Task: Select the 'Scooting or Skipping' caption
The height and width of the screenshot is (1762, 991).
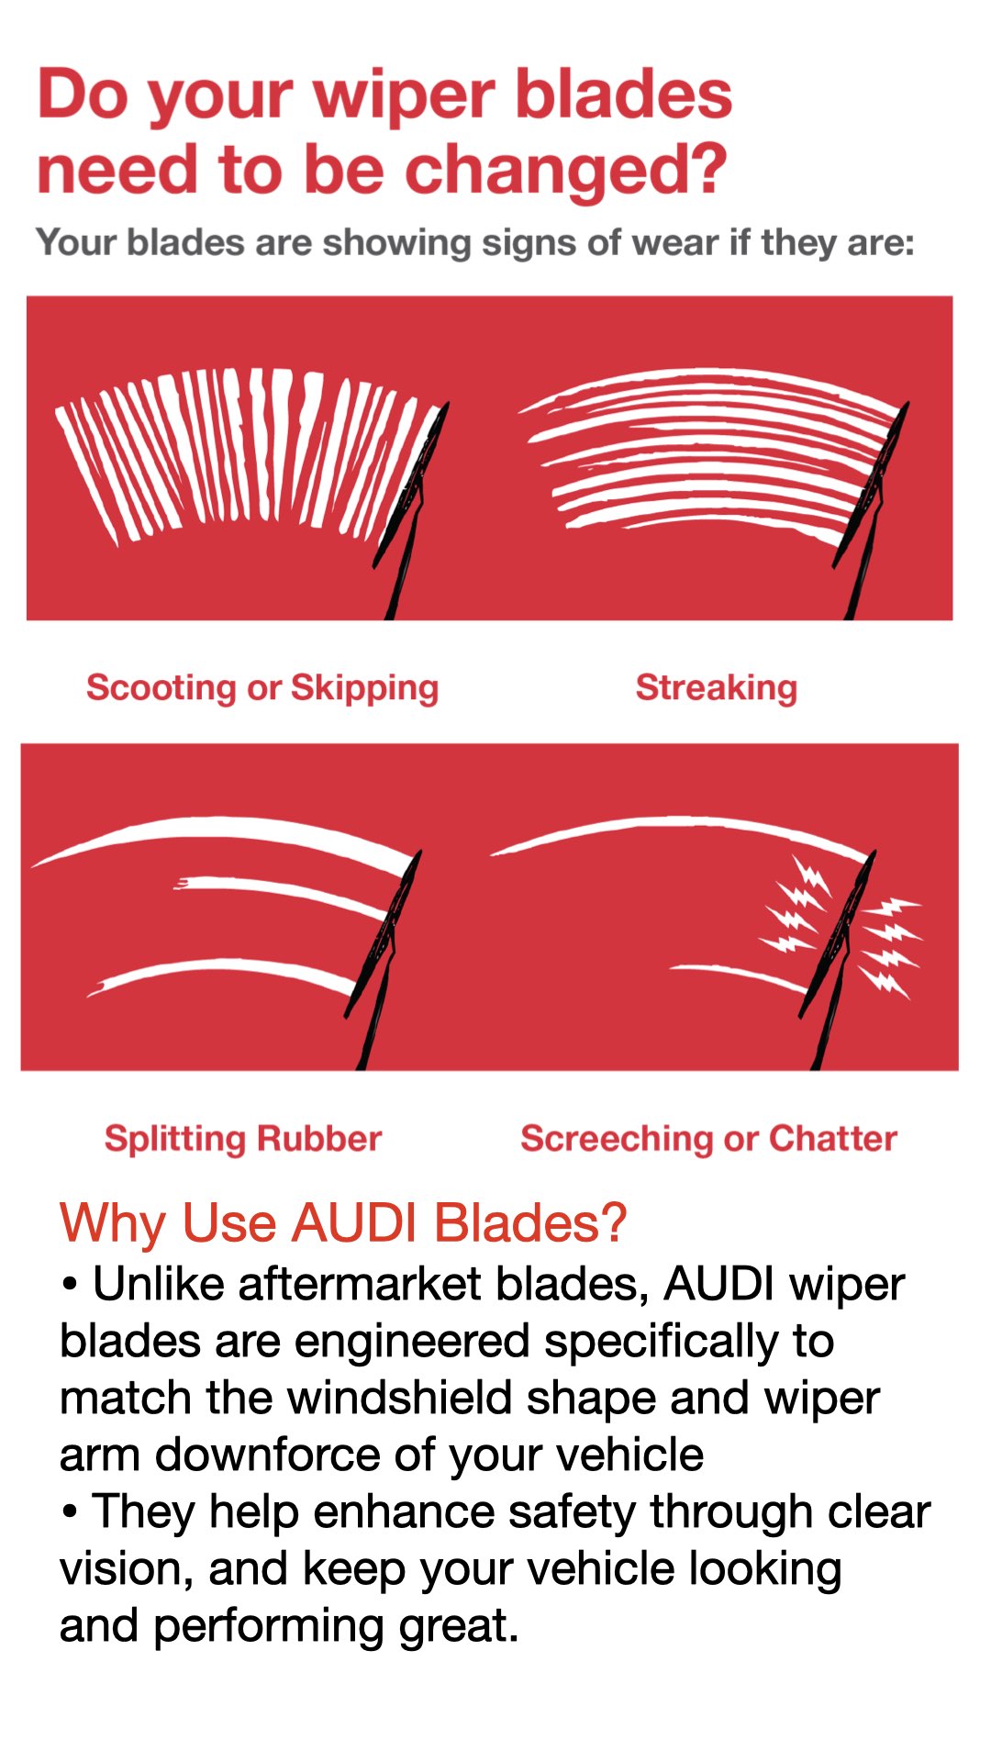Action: [262, 688]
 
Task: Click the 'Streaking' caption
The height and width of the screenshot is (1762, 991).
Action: [717, 688]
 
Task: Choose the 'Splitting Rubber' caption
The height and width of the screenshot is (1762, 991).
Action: [243, 1138]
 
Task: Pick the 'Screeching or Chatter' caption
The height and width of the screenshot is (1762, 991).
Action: [708, 1138]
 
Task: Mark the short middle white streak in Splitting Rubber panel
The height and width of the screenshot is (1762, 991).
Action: [281, 895]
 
